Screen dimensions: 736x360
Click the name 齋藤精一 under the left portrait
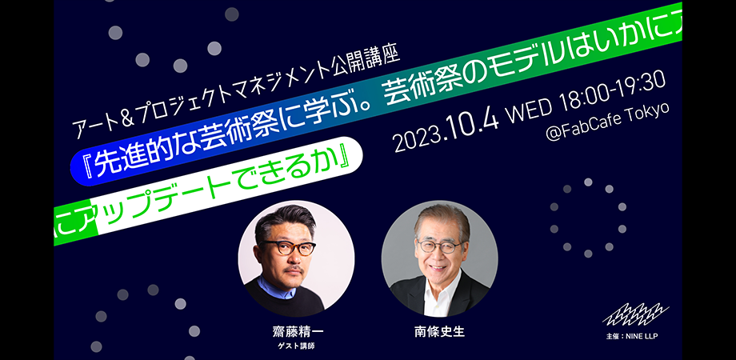[x=298, y=332]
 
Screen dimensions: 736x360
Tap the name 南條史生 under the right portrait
[x=440, y=332]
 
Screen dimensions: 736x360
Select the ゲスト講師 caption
[x=298, y=347]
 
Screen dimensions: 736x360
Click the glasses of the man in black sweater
[x=288, y=247]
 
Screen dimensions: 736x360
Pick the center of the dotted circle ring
[x=588, y=218]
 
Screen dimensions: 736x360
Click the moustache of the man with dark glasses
[x=294, y=269]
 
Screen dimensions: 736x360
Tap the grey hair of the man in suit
[x=442, y=218]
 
